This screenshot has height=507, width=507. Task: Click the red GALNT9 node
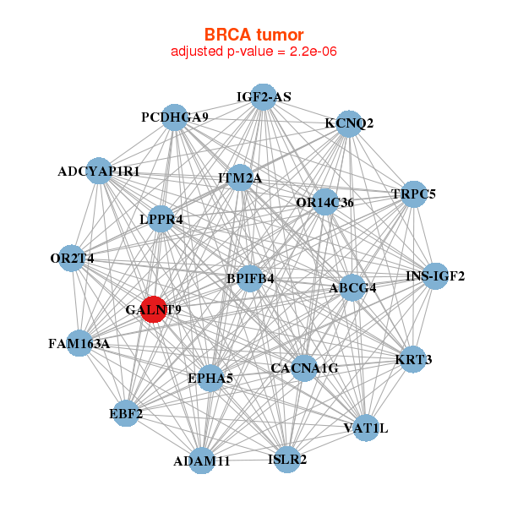click(x=154, y=309)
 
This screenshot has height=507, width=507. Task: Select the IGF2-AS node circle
click(x=264, y=96)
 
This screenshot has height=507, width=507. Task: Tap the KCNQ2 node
click(x=349, y=123)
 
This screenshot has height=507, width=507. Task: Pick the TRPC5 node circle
click(x=414, y=194)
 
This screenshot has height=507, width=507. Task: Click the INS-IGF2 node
click(x=435, y=275)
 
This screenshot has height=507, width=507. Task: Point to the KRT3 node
click(x=413, y=359)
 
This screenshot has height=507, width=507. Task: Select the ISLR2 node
click(x=287, y=460)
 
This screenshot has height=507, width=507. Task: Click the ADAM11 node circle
click(x=202, y=461)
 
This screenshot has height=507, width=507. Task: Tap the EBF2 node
click(x=126, y=413)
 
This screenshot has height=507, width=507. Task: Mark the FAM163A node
click(x=79, y=343)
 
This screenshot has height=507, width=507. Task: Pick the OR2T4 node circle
click(x=72, y=258)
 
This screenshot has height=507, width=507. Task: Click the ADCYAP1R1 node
click(x=99, y=172)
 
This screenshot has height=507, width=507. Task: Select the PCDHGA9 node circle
click(x=175, y=117)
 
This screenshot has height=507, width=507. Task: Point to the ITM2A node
click(x=240, y=177)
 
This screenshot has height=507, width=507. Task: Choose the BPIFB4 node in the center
click(x=249, y=278)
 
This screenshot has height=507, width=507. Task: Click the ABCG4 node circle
click(x=352, y=286)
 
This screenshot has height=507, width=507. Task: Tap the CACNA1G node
click(x=304, y=368)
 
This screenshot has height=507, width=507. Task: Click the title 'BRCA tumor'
click(x=253, y=35)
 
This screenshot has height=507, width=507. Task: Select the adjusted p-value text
click(x=253, y=52)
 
